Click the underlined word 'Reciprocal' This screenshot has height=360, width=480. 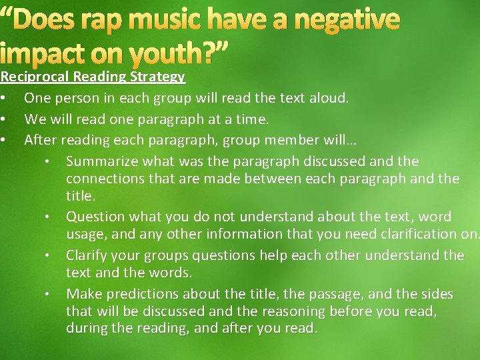pos(35,77)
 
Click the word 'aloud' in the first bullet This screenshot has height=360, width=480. pos(329,98)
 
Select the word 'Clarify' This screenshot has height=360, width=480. pos(88,255)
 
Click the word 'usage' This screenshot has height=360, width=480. pos(85,234)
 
